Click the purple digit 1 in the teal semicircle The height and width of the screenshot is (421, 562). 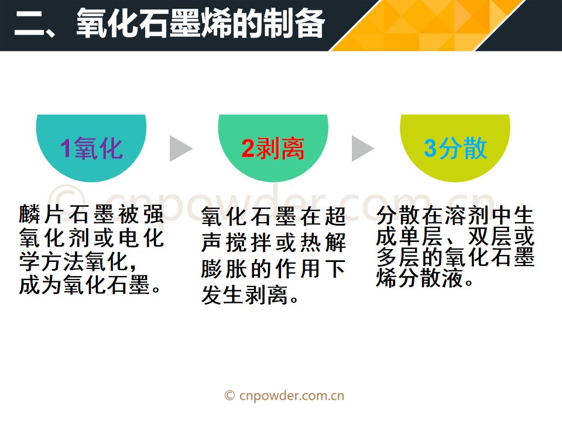[66, 148]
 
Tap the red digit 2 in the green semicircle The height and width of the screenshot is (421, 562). [248, 148]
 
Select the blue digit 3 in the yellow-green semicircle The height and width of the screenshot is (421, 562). [430, 148]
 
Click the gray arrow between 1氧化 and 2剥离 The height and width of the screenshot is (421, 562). [181, 149]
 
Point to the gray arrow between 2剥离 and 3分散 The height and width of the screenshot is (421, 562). [363, 149]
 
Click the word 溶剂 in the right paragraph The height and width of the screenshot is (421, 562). [467, 215]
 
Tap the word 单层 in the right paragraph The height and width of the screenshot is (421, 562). [421, 236]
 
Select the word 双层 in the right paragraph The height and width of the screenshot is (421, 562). [490, 236]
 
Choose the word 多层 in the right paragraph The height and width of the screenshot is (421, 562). [399, 257]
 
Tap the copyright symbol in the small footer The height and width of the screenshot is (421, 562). [229, 396]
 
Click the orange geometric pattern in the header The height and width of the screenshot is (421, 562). [427, 25]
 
